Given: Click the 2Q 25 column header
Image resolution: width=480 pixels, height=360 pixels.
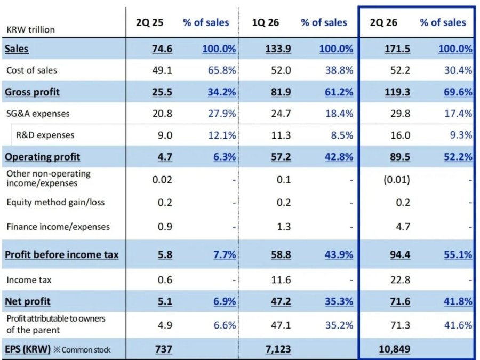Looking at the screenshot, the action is click(x=150, y=22).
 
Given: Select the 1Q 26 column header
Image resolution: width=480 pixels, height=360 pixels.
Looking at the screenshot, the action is click(x=266, y=22).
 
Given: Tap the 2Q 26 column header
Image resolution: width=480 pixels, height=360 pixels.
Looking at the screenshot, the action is click(x=383, y=22).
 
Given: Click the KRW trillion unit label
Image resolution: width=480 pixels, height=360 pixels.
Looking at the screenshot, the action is click(x=30, y=30).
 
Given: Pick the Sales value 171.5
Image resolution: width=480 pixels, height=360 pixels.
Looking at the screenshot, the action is click(x=397, y=49).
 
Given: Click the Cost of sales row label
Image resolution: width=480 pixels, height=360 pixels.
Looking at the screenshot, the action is click(x=31, y=70).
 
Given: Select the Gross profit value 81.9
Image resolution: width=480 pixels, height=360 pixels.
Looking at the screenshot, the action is click(x=281, y=92).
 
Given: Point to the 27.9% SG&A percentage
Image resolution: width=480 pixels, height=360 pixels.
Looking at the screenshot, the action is click(x=222, y=114).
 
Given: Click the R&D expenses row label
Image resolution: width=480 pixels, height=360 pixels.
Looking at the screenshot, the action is click(x=45, y=135).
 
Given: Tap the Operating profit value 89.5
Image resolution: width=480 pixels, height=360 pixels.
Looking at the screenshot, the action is click(x=400, y=157).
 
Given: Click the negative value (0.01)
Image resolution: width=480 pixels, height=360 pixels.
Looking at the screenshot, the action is click(x=397, y=179).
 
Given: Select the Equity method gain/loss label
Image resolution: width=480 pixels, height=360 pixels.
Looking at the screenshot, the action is click(x=55, y=202).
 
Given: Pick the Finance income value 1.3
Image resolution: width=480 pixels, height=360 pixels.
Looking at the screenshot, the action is click(x=284, y=227).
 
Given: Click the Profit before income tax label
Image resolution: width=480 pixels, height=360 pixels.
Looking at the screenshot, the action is click(x=61, y=255).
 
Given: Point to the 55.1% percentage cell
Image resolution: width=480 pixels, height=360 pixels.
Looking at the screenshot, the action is click(x=458, y=255).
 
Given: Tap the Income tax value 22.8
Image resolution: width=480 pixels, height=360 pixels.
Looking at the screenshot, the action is click(x=400, y=280).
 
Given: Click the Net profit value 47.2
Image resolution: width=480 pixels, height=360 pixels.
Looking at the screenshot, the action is click(x=281, y=301).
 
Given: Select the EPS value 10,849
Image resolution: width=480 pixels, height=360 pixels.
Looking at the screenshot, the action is click(x=395, y=349).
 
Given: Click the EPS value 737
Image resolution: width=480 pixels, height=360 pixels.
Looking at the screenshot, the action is click(x=164, y=349).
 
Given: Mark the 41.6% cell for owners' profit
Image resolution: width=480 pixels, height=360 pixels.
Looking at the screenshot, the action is click(x=458, y=325).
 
